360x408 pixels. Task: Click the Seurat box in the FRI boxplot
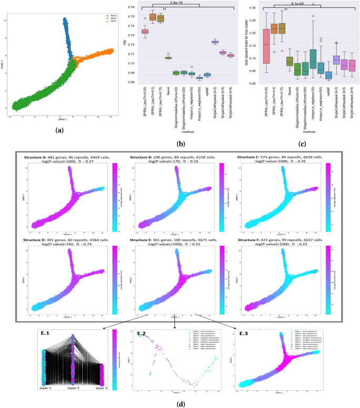tap(168, 58)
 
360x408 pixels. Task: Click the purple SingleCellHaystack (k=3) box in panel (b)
tap(215, 42)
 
